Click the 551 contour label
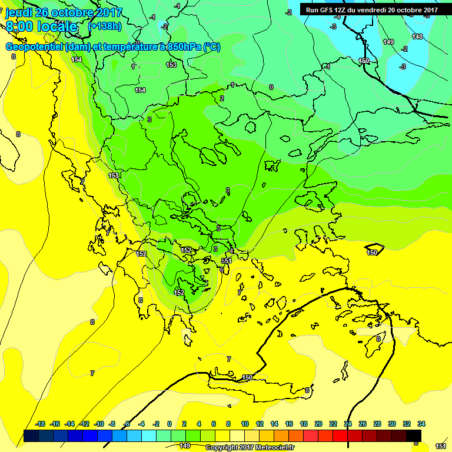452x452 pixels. pos(227,260)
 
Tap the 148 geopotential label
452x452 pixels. pos(417,36)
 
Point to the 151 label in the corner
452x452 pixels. pos(441,447)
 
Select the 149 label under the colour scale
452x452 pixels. pos(185,446)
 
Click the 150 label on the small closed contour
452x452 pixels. pos(372,252)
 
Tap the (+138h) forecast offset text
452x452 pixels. pos(105,26)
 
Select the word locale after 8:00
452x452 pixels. pos(56,26)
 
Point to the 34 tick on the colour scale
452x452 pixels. pos(421,424)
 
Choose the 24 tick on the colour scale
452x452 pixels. pos(348,424)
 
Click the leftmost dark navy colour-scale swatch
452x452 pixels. pos(32,436)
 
